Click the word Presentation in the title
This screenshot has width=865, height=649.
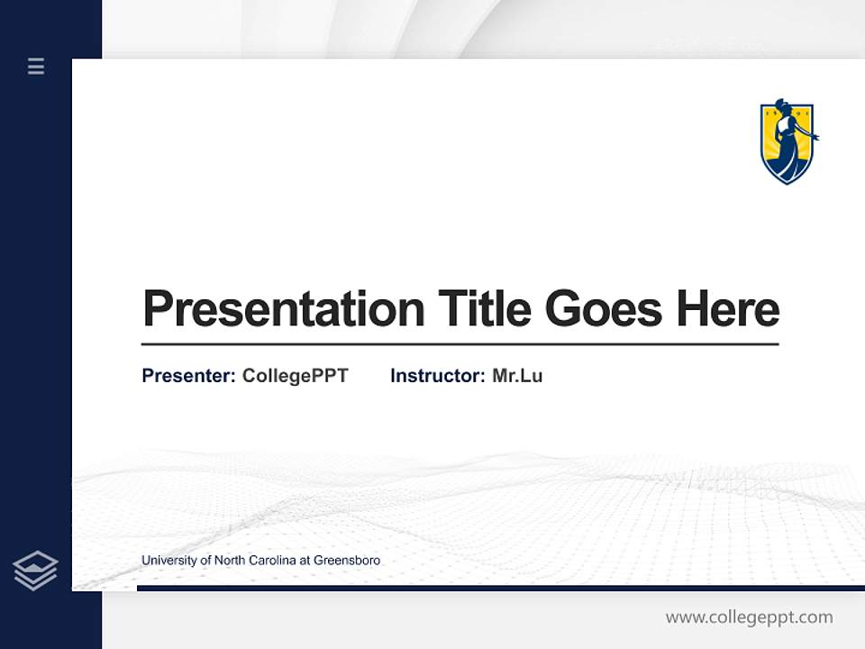point(283,309)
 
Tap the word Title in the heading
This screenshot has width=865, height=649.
point(484,308)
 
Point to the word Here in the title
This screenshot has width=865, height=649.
point(728,308)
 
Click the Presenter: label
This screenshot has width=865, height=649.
point(188,376)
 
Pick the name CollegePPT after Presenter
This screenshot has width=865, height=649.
point(295,376)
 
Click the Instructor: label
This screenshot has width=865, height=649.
point(437,376)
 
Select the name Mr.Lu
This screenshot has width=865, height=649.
point(517,376)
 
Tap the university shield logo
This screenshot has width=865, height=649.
point(788,142)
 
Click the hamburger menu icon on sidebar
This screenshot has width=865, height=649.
point(36,66)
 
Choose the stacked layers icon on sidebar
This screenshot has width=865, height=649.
point(35,571)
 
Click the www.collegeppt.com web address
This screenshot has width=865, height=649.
point(749,617)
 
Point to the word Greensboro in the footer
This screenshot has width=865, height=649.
point(347,561)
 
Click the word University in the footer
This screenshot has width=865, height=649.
point(168,561)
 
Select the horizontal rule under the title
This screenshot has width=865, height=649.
point(460,344)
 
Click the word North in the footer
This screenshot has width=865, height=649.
point(227,561)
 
